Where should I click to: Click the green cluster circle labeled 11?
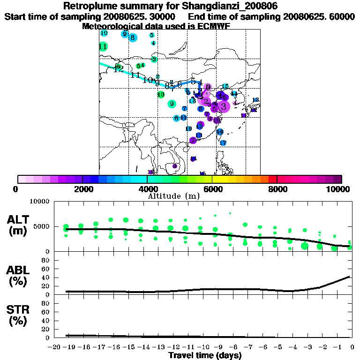point(103,46)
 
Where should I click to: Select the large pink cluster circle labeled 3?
point(223,106)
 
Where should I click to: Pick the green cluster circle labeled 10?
point(161,95)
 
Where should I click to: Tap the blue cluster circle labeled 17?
point(223,143)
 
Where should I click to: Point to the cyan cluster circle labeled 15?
point(225,87)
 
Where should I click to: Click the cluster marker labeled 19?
point(188,129)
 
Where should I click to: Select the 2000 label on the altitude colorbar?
point(82,189)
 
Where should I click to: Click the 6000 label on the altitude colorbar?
point(212,189)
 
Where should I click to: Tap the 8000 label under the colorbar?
point(277,189)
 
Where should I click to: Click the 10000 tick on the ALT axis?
point(40,202)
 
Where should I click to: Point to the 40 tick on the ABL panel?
point(46,277)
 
